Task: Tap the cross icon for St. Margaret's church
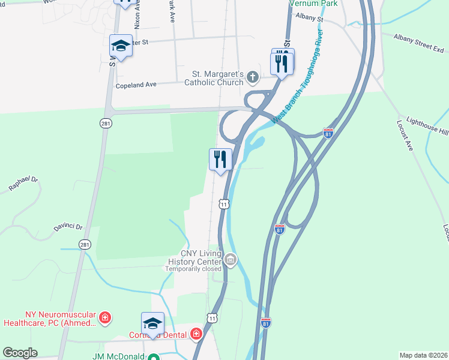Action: pos(253,77)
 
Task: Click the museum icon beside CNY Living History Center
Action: pos(231,260)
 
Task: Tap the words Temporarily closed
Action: pos(193,269)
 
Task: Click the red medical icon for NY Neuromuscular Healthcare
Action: pos(105,317)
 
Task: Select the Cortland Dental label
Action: pos(158,335)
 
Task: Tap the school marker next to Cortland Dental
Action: pos(152,323)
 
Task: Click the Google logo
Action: pos(20,353)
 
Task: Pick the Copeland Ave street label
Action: pos(136,85)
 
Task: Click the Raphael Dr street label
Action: pos(23,184)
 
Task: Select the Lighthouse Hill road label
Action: pos(427,125)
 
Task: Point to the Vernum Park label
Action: pos(313,4)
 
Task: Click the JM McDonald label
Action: pos(119,356)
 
